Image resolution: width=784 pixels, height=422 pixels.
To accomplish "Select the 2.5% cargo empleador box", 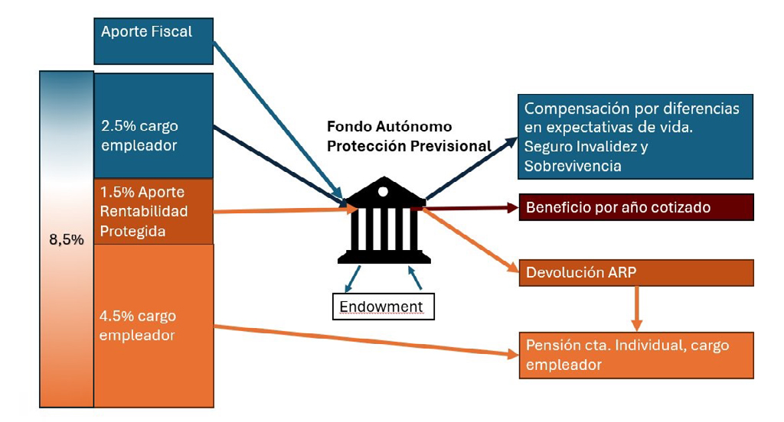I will click(153, 126).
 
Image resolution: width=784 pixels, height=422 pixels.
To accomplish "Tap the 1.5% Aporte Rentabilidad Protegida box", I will click(153, 211).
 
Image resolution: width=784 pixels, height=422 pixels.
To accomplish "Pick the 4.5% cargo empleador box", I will click(153, 325).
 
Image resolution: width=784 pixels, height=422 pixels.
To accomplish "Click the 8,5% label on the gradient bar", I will click(67, 239).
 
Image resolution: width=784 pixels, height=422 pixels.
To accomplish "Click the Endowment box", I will click(381, 307).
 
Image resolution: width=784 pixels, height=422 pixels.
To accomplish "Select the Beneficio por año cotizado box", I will click(636, 207).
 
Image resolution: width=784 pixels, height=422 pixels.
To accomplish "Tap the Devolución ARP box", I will click(636, 273).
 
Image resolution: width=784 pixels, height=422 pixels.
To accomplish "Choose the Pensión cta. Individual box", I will click(636, 355).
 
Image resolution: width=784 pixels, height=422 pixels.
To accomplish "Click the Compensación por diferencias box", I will click(635, 136).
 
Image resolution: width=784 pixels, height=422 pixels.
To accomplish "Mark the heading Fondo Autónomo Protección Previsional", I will click(409, 136).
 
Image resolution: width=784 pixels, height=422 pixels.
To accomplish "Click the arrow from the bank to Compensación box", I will click(471, 168).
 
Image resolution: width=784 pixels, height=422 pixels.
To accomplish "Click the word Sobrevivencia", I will click(572, 165).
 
